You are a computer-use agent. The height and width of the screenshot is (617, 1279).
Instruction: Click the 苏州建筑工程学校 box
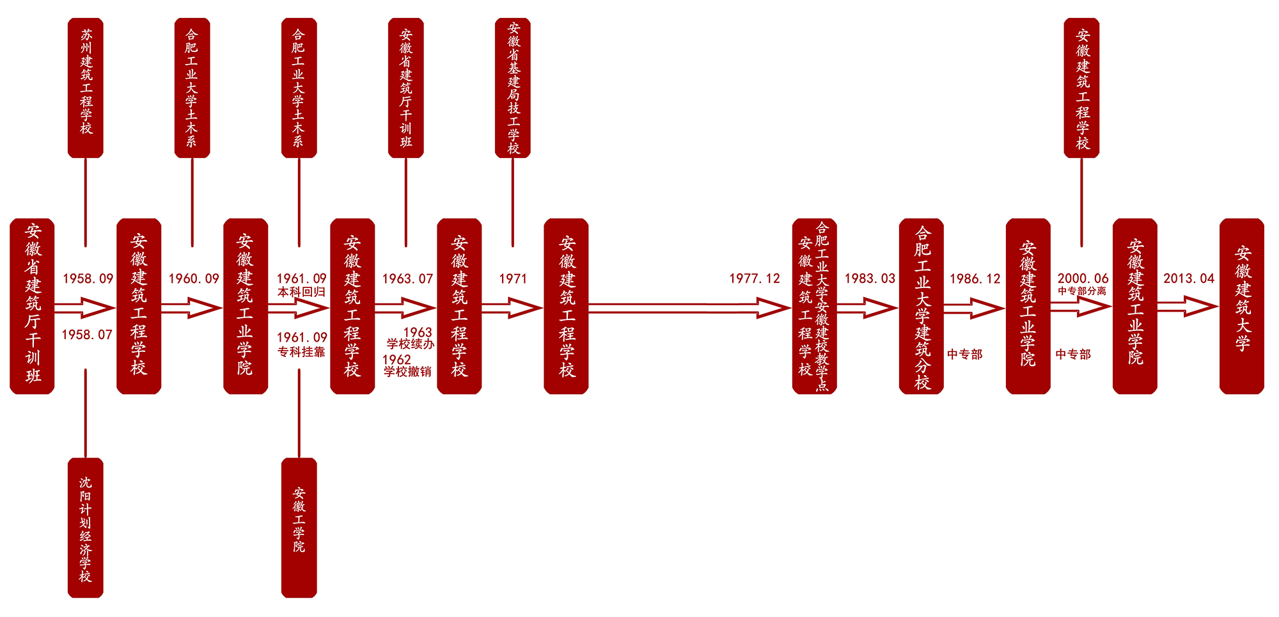pos(86,88)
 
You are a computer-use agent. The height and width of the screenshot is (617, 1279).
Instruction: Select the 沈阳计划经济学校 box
pos(86,528)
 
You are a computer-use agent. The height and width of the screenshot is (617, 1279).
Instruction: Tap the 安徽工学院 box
pos(299,528)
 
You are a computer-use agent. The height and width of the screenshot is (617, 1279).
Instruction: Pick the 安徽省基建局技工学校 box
pos(513,88)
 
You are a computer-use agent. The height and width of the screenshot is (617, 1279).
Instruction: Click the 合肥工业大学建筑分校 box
pos(922,307)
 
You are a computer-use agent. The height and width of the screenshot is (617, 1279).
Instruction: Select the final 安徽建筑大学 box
pos(1242,307)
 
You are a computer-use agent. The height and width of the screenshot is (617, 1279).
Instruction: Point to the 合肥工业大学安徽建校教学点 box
pos(815,307)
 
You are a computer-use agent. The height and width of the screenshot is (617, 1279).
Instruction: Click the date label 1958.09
pos(88,279)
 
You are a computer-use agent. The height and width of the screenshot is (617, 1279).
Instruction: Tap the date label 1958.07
pos(87,335)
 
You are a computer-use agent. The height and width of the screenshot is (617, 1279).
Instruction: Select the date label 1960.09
pos(194,279)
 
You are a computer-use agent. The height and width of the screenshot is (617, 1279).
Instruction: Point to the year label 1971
pos(513,279)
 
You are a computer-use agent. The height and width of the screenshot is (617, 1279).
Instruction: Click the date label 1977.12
pos(755,279)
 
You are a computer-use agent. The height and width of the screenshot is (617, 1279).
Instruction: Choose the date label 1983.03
pos(870,279)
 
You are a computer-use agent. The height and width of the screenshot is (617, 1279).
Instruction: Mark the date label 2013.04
pos(1189,279)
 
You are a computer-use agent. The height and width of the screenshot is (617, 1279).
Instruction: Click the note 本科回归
pos(301,292)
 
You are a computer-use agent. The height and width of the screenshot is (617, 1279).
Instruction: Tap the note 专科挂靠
pos(301,352)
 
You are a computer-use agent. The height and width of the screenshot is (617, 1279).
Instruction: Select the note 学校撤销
pos(407,372)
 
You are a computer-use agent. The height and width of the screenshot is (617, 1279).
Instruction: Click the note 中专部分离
pos(1082,291)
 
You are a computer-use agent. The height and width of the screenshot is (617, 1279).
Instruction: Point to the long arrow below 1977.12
pos(690,308)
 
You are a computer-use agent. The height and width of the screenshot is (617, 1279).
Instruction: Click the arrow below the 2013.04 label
pos(1188,307)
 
